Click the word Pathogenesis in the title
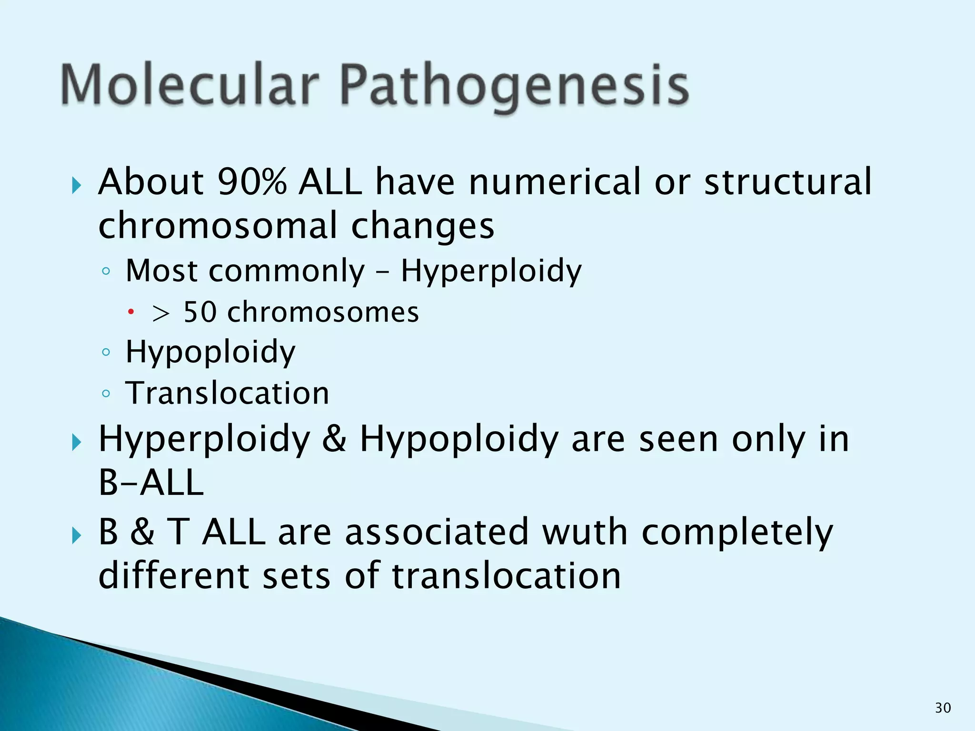point(514,86)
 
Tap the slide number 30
point(943,708)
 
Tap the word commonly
point(287,271)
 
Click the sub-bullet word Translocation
point(227,394)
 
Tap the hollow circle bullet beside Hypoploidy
point(106,353)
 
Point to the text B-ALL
point(151,483)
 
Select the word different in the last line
point(174,576)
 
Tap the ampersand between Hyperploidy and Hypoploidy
point(334,439)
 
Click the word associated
point(437,532)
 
